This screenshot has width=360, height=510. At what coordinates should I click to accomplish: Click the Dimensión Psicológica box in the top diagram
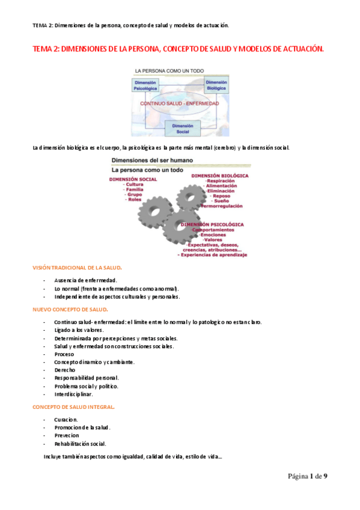(145, 85)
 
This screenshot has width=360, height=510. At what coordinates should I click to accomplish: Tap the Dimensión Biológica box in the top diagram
(216, 85)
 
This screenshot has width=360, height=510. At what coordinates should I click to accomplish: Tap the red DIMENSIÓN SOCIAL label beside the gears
(133, 179)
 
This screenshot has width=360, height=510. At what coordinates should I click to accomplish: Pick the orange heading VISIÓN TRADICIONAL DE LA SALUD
(78, 267)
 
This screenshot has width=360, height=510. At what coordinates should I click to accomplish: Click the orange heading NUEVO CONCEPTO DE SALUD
(70, 309)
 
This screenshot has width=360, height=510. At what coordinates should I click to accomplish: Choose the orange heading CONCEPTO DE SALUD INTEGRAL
(73, 407)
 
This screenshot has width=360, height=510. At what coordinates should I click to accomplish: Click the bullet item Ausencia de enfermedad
(85, 280)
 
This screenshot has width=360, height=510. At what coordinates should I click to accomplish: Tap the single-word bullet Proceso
(64, 354)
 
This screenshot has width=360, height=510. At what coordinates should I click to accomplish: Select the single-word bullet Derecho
(64, 370)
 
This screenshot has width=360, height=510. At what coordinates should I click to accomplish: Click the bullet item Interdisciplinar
(73, 394)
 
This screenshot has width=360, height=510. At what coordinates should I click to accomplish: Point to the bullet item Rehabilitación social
(80, 444)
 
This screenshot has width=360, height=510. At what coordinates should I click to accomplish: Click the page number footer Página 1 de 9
(307, 476)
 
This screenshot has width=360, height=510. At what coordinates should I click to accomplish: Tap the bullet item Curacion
(66, 420)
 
